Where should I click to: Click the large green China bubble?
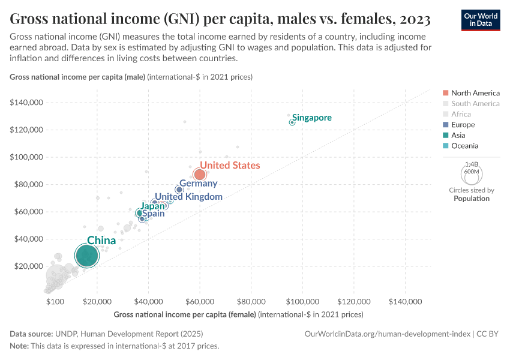(x=86, y=256)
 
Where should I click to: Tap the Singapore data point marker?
(x=292, y=122)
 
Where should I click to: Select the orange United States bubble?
(x=200, y=175)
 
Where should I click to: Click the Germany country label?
(x=198, y=184)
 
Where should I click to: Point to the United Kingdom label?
(x=188, y=197)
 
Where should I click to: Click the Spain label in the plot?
(x=153, y=214)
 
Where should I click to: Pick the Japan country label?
(x=152, y=206)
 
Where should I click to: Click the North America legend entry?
(x=475, y=93)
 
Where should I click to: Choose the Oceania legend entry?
(x=464, y=146)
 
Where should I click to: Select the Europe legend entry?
(x=463, y=125)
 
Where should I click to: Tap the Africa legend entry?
(x=461, y=114)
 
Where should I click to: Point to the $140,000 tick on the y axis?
(x=26, y=103)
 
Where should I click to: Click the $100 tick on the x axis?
(x=55, y=301)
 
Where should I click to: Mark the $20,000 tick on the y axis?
(x=28, y=266)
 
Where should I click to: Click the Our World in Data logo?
(x=480, y=20)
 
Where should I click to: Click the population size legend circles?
(x=472, y=175)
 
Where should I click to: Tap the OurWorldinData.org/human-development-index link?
(x=387, y=334)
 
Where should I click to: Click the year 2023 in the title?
(x=413, y=20)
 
